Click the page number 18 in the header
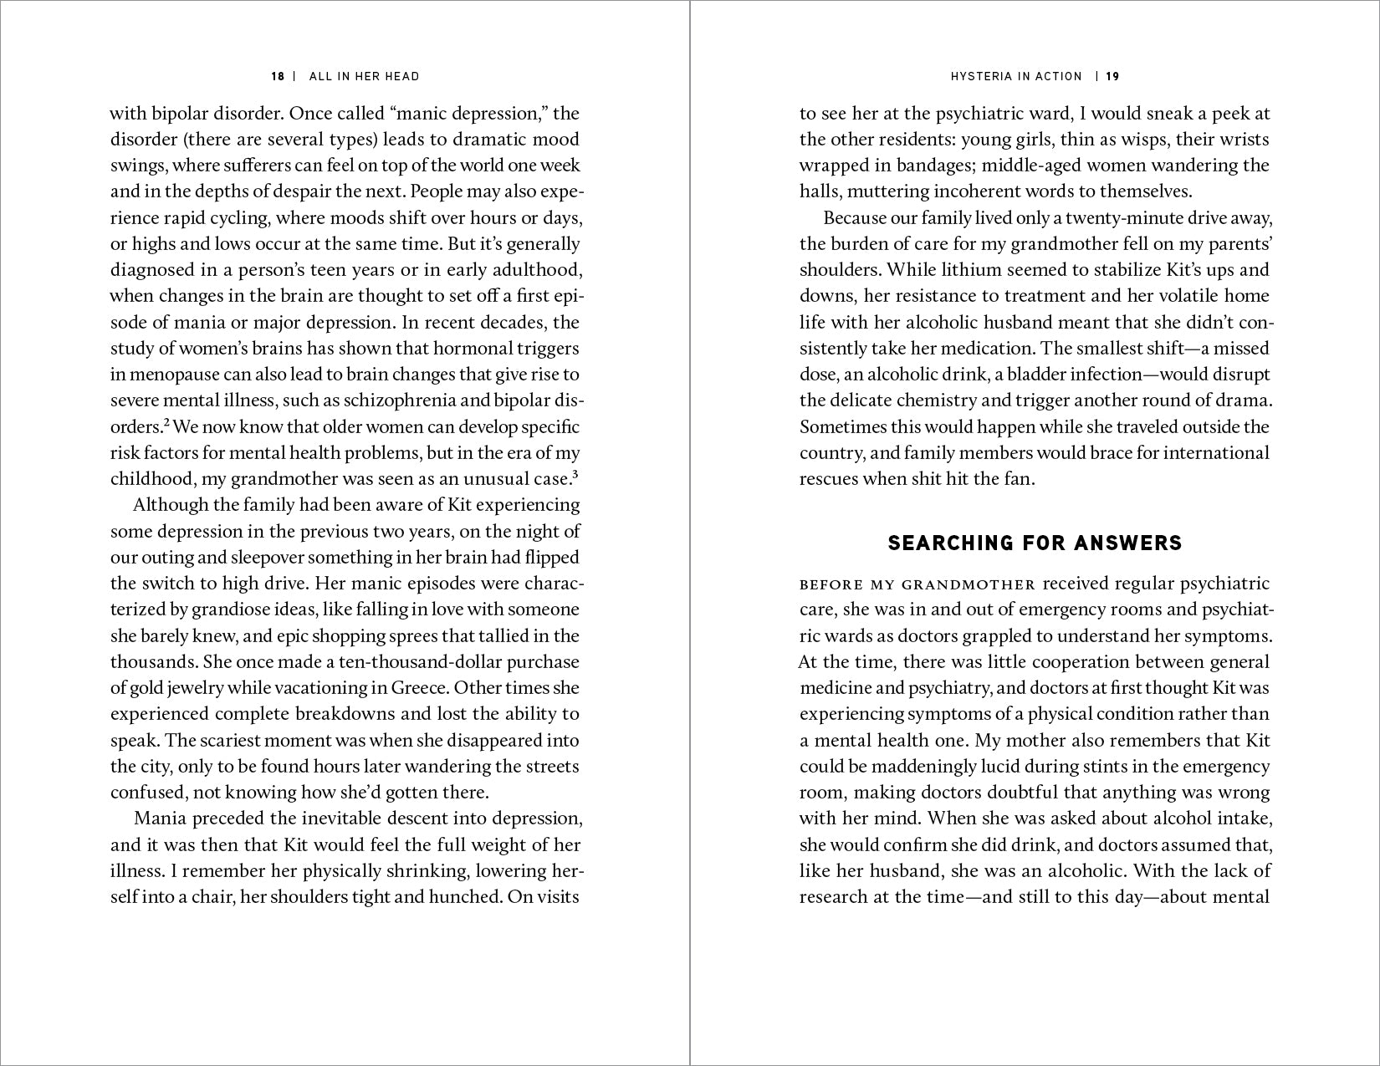(278, 76)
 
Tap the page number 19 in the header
(1112, 76)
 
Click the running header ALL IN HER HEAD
(364, 76)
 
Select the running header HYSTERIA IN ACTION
(1016, 76)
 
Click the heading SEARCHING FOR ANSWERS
(1035, 543)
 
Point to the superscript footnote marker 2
(166, 423)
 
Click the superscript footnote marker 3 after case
(576, 475)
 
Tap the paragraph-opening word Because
(856, 218)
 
